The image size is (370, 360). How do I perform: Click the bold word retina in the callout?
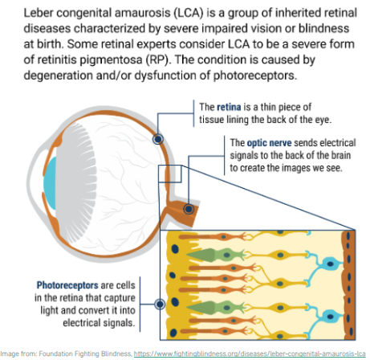pos(229,107)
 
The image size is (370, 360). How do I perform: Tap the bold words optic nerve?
pos(269,143)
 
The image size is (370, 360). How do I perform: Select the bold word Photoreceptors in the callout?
pos(67,285)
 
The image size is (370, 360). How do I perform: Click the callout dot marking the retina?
pos(158,139)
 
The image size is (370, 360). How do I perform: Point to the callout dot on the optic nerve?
pos(189,209)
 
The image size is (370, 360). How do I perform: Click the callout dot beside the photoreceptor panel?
pos(160,304)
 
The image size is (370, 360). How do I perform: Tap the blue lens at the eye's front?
pos(51,183)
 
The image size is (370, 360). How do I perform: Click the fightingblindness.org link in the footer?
pos(250,354)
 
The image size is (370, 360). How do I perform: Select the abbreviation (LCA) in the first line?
pos(189,13)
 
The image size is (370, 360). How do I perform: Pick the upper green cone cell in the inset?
pos(216,255)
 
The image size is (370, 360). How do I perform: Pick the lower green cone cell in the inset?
pos(216,307)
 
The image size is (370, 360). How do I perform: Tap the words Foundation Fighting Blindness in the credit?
pos(85,354)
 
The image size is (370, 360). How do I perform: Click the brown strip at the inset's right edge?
pos(348,285)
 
